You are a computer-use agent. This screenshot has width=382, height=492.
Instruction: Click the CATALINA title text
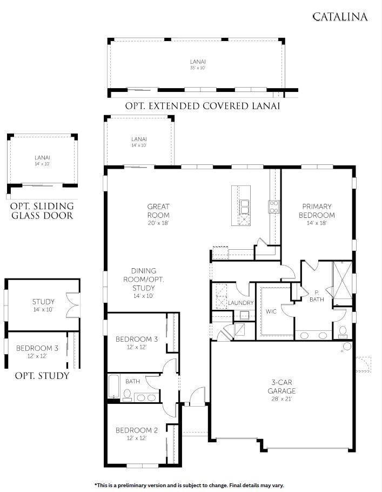point(340,17)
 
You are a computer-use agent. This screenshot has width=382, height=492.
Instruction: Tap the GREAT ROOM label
point(158,210)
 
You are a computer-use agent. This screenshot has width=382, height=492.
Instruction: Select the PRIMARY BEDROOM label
point(317,210)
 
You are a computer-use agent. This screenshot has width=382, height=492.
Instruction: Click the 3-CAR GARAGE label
point(282,386)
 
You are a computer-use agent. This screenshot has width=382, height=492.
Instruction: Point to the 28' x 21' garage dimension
point(282,399)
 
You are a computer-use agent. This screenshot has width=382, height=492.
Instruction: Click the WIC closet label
point(271,311)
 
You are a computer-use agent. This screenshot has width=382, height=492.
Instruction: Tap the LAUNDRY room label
point(240,303)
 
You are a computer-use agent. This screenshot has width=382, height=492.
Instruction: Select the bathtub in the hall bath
point(114,386)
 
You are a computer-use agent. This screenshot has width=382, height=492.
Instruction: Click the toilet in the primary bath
point(342,331)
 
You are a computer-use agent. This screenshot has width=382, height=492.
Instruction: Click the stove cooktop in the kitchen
point(274,205)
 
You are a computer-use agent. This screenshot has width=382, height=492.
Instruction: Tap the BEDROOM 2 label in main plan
point(137,430)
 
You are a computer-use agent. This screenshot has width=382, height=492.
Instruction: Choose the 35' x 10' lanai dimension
point(197,68)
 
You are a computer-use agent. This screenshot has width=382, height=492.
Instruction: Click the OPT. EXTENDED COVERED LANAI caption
point(203,106)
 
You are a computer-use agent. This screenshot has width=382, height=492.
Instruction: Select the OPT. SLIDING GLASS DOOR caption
point(42,211)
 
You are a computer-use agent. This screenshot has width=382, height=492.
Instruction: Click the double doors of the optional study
point(72,305)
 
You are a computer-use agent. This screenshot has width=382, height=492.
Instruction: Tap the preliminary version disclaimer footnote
point(189,485)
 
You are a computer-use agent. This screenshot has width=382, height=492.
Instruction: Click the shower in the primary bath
point(341,279)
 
